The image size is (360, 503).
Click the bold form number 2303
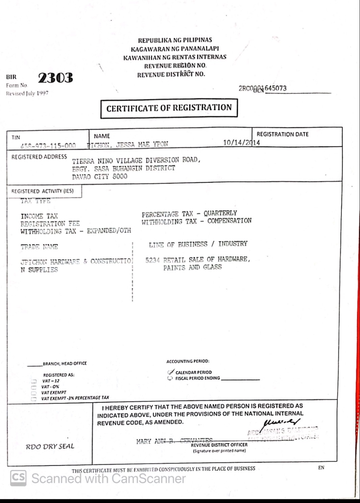pos(55,78)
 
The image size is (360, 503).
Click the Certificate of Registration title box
pos(169,108)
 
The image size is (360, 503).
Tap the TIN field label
pos(16,137)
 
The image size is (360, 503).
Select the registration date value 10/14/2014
pos(241,142)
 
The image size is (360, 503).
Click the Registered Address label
pos(39,157)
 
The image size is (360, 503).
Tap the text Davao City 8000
pos(100,176)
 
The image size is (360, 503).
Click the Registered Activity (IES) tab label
pos(43,191)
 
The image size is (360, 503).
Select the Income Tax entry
pos(39,216)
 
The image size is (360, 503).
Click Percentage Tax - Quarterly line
pos(189,213)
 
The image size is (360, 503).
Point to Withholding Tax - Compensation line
pos(196,221)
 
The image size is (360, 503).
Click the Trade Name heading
pos(39,247)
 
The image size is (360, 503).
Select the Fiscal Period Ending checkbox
pos(170,378)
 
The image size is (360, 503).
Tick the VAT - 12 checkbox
pos(34,381)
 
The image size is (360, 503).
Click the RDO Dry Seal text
pos(50,446)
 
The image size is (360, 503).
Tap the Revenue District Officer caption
pos(219,445)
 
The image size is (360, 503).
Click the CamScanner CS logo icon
pos(18,478)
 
